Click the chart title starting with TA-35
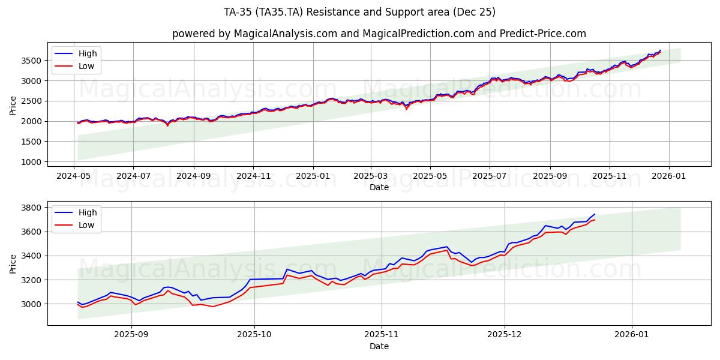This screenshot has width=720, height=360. point(359,12)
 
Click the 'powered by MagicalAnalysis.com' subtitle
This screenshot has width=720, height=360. point(379,34)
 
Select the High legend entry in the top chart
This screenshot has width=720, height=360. point(88,53)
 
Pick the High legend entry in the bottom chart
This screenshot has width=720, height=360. point(88,212)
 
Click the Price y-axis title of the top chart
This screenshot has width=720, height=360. point(13,106)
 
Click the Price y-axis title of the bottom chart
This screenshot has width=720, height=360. point(13,263)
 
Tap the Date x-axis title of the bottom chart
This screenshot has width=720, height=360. point(379,346)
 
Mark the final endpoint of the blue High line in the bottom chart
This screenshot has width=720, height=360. point(595,214)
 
